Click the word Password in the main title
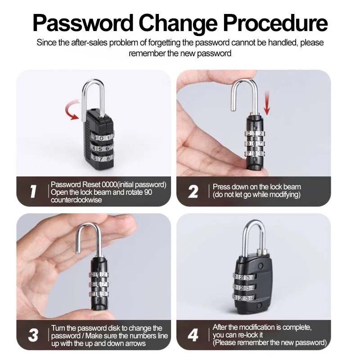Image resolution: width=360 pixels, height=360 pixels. pyautogui.click(x=83, y=23)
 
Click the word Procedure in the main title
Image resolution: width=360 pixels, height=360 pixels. pyautogui.click(x=275, y=23)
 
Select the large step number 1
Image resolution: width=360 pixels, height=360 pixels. pyautogui.click(x=33, y=191)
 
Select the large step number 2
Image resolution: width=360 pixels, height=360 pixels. pyautogui.click(x=193, y=192)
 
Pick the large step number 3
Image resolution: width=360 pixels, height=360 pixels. pyautogui.click(x=33, y=335)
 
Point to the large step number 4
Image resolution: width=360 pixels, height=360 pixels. pyautogui.click(x=193, y=335)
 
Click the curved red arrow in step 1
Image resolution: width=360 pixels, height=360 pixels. pyautogui.click(x=73, y=110)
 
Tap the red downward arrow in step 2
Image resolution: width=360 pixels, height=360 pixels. pyautogui.click(x=267, y=103)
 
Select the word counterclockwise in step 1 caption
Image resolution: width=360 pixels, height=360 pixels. pyautogui.click(x=76, y=200)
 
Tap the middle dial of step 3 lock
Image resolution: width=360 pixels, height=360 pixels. pyautogui.click(x=99, y=284)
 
